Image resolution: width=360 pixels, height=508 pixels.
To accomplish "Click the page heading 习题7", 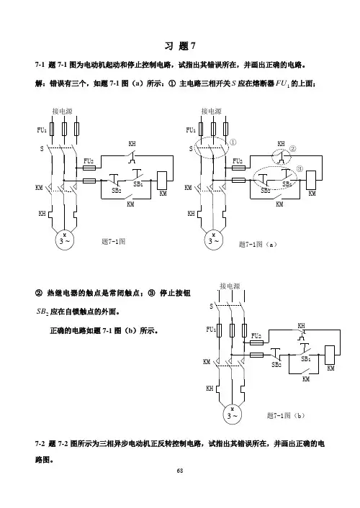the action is [x=180, y=46].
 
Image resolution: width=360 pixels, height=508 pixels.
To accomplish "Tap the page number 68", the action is [x=180, y=471].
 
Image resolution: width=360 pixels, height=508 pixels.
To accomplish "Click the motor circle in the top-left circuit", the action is [x=65, y=240].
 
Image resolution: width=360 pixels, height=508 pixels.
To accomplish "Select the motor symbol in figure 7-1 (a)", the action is [x=214, y=240].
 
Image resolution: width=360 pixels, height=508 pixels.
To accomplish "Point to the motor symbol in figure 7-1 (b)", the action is [x=233, y=414].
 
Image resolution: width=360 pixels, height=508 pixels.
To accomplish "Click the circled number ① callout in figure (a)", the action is [x=233, y=142].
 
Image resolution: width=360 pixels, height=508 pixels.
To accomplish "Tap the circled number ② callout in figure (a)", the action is [x=292, y=149].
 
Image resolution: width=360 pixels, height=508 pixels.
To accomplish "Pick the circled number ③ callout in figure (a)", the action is [x=300, y=168].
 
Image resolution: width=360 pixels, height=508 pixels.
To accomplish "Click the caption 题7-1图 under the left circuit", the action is [x=113, y=241].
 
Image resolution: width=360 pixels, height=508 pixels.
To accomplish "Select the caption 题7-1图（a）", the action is [x=258, y=244].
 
